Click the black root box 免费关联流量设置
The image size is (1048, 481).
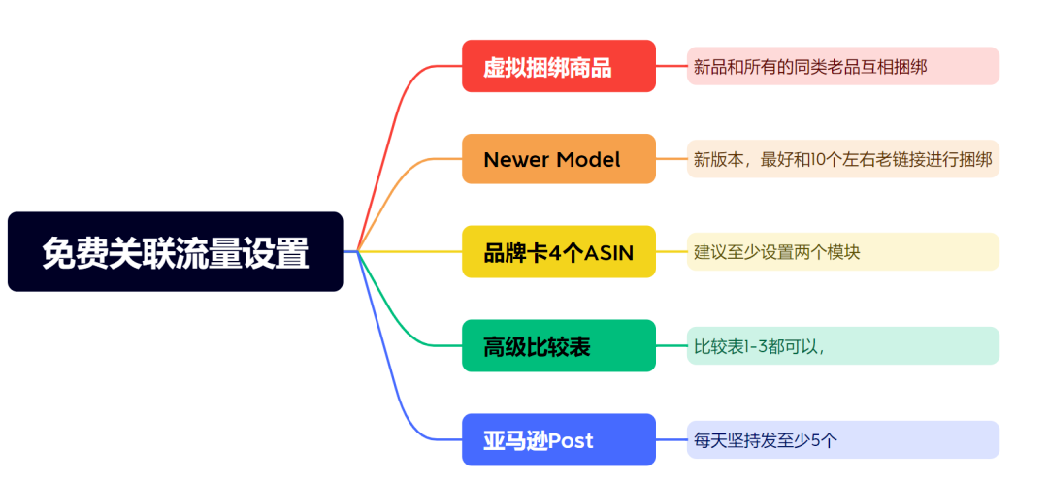(x=175, y=252)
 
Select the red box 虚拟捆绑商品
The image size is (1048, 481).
(x=558, y=66)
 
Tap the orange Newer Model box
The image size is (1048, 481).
(x=558, y=159)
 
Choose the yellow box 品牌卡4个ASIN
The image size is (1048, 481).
(x=558, y=252)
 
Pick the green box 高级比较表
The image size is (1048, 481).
(x=558, y=345)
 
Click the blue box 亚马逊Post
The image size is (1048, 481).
(x=558, y=439)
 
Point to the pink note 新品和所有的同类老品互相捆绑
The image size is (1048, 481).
(x=842, y=66)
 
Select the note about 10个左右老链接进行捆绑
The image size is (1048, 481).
(x=842, y=159)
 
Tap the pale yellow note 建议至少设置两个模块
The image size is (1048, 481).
(x=842, y=252)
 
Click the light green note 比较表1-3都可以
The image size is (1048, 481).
(x=842, y=345)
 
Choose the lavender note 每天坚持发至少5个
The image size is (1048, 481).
(x=842, y=439)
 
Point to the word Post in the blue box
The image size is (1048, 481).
(x=571, y=440)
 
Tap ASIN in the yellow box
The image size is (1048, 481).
(x=608, y=253)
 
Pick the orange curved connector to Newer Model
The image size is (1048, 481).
(x=408, y=175)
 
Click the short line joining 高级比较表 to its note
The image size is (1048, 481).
(x=671, y=345)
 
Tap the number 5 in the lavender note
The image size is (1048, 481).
(x=813, y=440)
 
